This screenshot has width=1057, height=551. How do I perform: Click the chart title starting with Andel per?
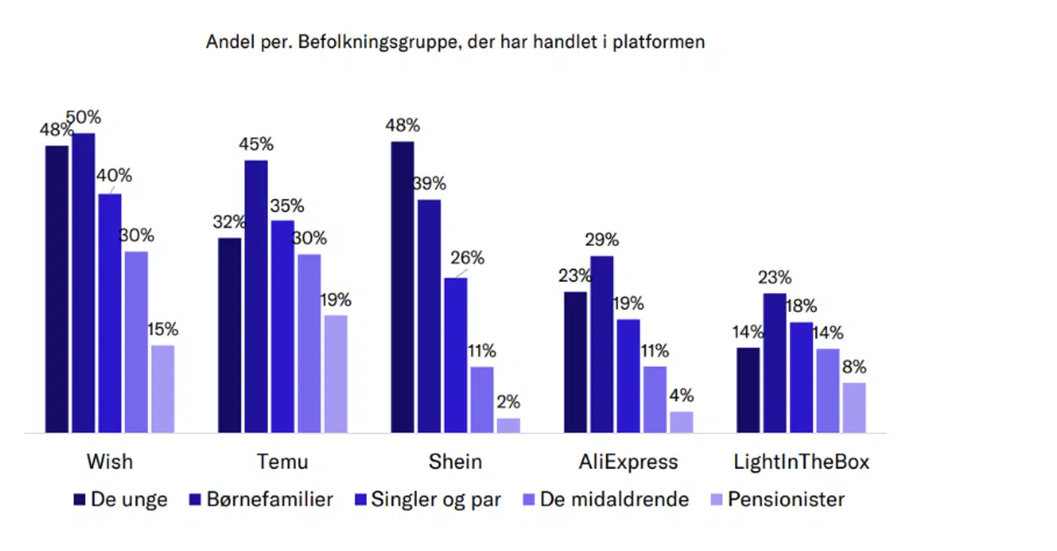pyautogui.click(x=455, y=42)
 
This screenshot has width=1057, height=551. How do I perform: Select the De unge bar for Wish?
pyautogui.click(x=57, y=289)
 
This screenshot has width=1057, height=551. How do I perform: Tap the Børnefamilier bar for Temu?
pyautogui.click(x=256, y=296)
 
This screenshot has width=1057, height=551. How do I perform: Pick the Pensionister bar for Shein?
pyautogui.click(x=508, y=426)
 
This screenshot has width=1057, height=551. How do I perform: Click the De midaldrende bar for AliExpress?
pyautogui.click(x=655, y=399)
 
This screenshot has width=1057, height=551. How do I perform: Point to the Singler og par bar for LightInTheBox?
pyautogui.click(x=802, y=377)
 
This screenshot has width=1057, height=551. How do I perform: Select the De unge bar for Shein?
pyautogui.click(x=402, y=287)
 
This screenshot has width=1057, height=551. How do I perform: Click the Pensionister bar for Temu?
pyautogui.click(x=335, y=373)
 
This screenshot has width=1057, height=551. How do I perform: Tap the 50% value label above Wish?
pyautogui.click(x=84, y=117)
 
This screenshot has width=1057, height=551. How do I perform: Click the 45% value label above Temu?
pyautogui.click(x=255, y=144)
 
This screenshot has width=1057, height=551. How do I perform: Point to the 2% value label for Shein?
pyautogui.click(x=508, y=402)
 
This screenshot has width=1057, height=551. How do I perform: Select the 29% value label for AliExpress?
pyautogui.click(x=602, y=240)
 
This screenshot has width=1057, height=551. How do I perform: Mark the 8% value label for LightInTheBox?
pyautogui.click(x=854, y=367)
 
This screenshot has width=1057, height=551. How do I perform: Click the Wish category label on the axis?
pyautogui.click(x=109, y=462)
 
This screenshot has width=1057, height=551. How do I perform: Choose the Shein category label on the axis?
pyautogui.click(x=455, y=462)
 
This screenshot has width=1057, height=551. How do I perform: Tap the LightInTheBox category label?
pyautogui.click(x=802, y=462)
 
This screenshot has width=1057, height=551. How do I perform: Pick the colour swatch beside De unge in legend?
pyautogui.click(x=79, y=500)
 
